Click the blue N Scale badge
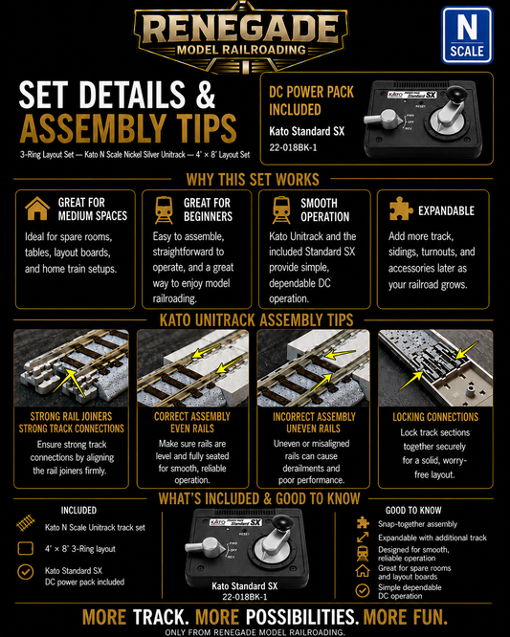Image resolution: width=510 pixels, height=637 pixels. coord(467,35)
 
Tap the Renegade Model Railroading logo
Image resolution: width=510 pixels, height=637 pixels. coord(241,37)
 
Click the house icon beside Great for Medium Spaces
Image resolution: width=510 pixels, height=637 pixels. coord(37,209)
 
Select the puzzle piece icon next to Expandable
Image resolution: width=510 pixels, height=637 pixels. coord(401,209)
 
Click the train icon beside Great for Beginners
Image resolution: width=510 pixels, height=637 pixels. coord(164,210)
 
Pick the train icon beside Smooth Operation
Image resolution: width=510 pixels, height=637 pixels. coord(281,210)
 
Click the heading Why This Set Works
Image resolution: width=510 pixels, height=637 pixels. coord(253,179)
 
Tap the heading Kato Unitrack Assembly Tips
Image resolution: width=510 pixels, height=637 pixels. coord(256,320)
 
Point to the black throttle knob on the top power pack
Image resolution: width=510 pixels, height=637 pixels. coord(458,97)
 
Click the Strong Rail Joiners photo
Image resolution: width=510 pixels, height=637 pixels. coord(71,368)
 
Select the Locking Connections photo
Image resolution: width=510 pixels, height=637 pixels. coord(435,368)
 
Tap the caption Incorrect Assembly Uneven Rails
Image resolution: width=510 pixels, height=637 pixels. coord(314,423)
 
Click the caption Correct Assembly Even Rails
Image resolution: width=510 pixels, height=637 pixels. coord(192,423)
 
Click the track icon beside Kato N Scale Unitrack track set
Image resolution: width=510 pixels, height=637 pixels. coord(26,523)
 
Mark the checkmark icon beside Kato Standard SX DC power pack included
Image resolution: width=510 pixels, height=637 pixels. coord(26,572)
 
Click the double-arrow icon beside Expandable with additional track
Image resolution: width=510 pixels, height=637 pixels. coord(363,538)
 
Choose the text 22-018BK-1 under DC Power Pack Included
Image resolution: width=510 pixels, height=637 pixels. coord(293,147)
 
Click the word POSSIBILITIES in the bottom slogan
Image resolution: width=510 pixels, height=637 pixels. coord(302,617)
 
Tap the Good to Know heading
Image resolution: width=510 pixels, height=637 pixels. coord(413,510)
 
